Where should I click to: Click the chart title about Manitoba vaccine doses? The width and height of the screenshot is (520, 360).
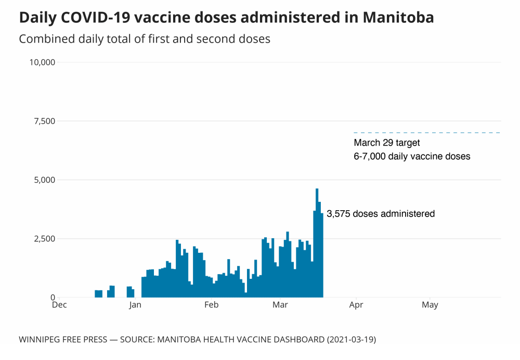tap(226, 18)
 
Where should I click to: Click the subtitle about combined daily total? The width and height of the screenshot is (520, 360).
tap(145, 39)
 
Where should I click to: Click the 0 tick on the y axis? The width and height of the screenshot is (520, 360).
tap(53, 298)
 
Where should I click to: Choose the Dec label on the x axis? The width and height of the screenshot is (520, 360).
tap(59, 305)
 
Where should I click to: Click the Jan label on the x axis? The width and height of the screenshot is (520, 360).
tap(135, 305)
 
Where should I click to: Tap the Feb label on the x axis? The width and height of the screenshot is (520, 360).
tap(211, 305)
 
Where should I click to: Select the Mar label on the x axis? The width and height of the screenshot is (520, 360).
tap(280, 305)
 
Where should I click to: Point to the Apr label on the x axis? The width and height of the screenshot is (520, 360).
tap(356, 305)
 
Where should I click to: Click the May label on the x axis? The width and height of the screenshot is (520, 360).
tap(430, 305)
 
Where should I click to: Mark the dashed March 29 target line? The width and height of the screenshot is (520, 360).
tap(426, 133)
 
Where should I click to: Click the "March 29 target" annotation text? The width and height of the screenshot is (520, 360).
tap(387, 143)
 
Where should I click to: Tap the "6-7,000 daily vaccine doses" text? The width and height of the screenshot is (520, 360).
tap(412, 156)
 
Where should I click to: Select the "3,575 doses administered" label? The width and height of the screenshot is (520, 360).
tap(381, 214)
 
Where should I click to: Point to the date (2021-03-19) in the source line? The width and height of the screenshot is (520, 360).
tap(351, 340)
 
